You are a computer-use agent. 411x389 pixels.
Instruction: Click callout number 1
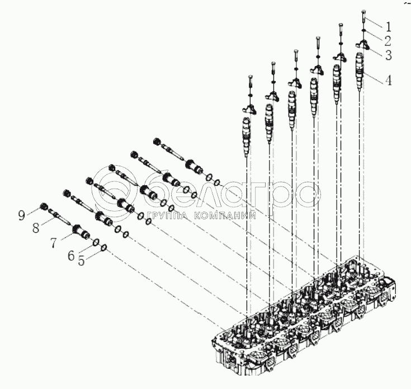coord(388,26)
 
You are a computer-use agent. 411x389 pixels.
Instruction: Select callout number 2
coord(388,41)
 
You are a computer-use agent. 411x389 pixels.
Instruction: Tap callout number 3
coord(388,55)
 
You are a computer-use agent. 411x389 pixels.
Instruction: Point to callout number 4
coord(388,80)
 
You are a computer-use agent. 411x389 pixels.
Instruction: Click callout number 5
coord(82,260)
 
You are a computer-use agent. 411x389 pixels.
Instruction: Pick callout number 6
coord(71,255)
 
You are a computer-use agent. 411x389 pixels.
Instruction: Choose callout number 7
coord(53,243)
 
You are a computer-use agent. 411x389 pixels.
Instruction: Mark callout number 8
coord(36,228)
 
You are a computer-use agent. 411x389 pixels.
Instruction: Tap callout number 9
coord(21,215)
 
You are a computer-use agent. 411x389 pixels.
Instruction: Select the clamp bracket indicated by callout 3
coord(362,45)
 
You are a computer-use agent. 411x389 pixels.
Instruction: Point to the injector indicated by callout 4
coord(360,71)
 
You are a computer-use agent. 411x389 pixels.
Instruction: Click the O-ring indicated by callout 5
coord(103,247)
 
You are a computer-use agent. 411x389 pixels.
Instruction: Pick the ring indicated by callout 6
coord(96,242)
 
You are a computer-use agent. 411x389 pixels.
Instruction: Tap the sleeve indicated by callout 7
coord(81,231)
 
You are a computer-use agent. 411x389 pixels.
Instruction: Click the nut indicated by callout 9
coord(43,206)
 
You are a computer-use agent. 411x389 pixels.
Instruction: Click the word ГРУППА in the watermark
coord(167,215)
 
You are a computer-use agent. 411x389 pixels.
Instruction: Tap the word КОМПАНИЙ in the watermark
coord(225,215)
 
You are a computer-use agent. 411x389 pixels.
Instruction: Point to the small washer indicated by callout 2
coord(363,31)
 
